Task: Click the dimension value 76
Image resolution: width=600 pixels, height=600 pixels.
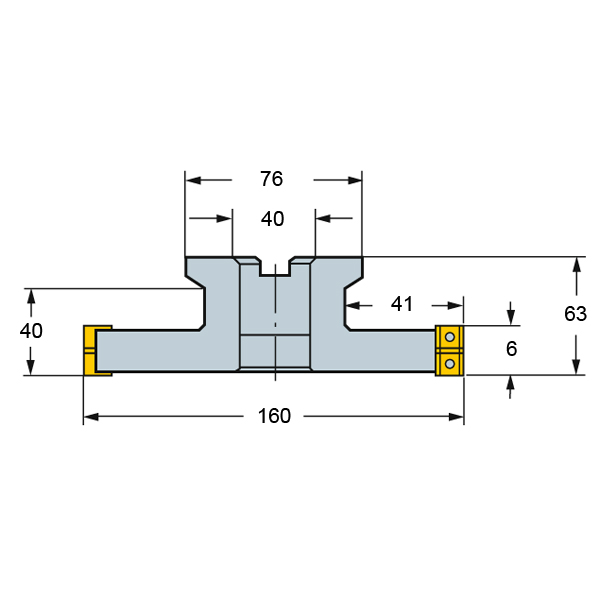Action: click(x=271, y=179)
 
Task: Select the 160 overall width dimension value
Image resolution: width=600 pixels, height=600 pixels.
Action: click(x=274, y=416)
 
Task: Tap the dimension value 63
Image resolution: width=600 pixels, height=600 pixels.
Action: click(x=575, y=314)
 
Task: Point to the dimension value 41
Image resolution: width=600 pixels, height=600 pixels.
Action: click(x=402, y=304)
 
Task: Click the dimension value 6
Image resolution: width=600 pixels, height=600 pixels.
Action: click(x=511, y=349)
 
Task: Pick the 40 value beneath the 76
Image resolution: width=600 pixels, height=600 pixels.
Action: click(x=272, y=219)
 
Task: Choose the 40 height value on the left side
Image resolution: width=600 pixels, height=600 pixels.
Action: click(x=31, y=331)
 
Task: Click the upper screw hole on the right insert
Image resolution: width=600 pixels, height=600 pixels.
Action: click(x=450, y=337)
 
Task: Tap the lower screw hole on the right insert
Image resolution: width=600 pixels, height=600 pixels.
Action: click(x=450, y=363)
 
